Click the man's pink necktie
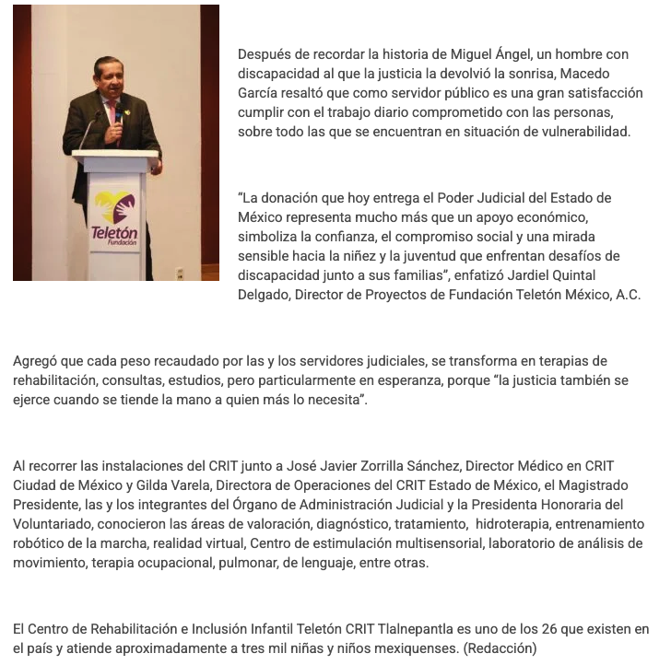point(112,115)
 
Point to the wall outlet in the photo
point(180,273)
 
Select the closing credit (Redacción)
point(500,648)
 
